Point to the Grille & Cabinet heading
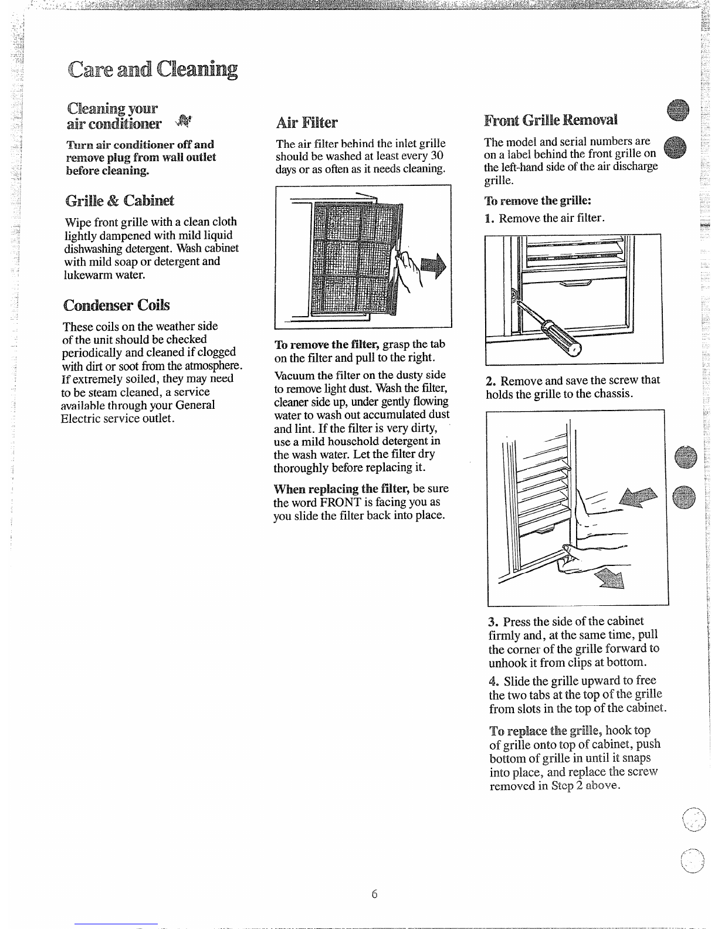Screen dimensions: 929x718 tap(119, 200)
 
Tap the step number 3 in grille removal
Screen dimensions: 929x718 tap(493, 622)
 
